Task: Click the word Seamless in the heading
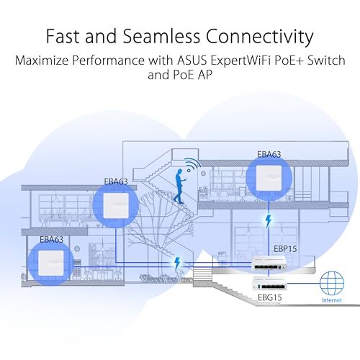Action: point(161,36)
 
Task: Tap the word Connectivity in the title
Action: point(259,37)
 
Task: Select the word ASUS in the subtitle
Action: point(192,60)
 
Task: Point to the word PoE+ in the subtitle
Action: point(289,60)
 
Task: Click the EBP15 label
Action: point(285,249)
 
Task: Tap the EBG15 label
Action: point(269,297)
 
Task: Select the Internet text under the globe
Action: point(332,300)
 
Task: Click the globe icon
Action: point(332,283)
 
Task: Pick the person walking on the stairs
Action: point(180,186)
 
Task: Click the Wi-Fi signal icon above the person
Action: point(193,165)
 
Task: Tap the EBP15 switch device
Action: point(269,264)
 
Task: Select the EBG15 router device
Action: point(269,283)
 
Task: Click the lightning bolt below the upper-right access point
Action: point(269,221)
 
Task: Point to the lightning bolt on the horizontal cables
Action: point(177,264)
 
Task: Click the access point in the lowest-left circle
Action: point(51,263)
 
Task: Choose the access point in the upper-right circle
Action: point(269,178)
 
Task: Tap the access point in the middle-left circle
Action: point(115,206)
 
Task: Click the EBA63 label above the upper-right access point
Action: point(269,154)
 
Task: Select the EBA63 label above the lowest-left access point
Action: point(52,239)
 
